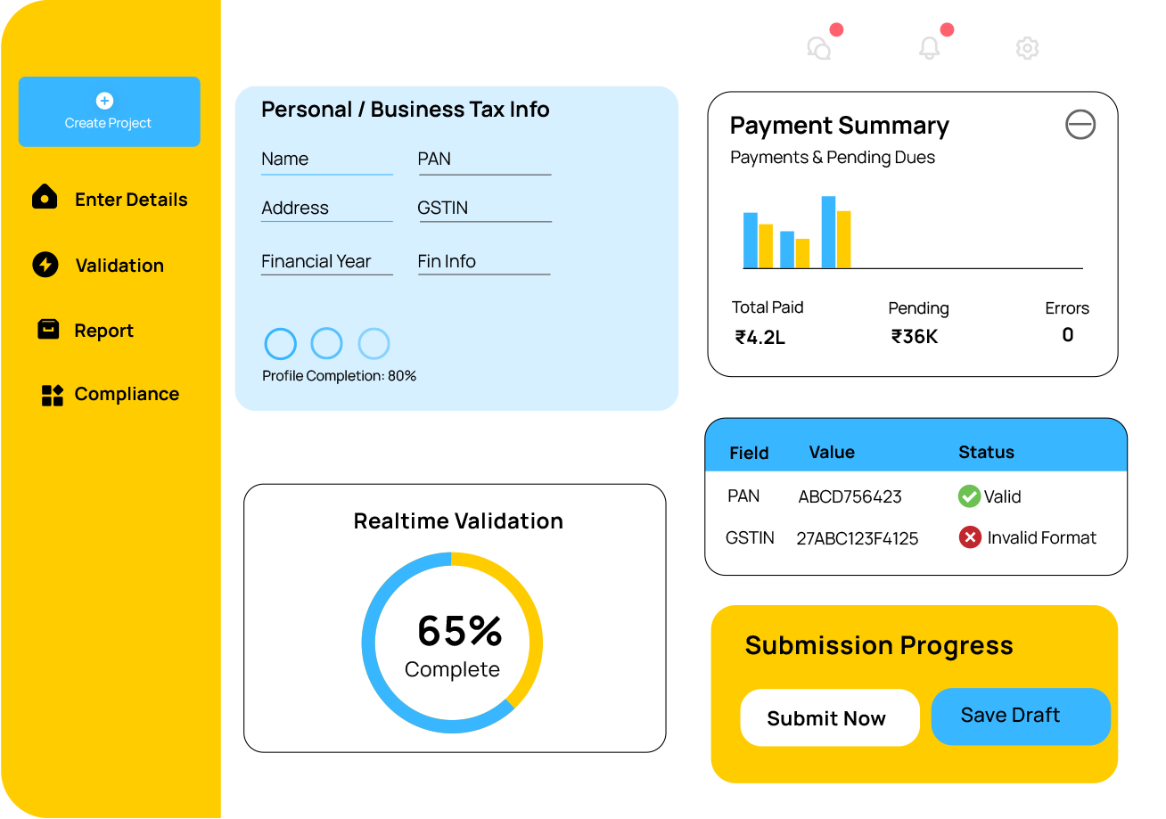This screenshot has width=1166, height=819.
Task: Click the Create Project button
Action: (109, 111)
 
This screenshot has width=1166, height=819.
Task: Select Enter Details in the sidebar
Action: (130, 200)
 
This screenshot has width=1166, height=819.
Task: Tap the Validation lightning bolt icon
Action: (45, 265)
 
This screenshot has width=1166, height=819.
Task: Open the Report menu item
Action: (103, 331)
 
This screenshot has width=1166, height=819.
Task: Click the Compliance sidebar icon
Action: (53, 395)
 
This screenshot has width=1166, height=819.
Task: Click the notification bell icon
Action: (929, 48)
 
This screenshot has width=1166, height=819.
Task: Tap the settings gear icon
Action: (1027, 48)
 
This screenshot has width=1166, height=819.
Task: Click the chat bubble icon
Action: (818, 48)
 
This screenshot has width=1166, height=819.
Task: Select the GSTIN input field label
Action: (443, 208)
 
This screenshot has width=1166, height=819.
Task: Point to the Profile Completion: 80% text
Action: (339, 376)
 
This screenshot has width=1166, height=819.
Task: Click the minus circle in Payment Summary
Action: (1080, 125)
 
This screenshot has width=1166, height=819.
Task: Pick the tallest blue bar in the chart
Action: (828, 232)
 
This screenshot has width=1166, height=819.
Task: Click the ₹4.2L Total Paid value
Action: (760, 337)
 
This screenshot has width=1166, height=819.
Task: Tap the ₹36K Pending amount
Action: (915, 337)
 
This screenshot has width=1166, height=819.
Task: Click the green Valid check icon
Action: (969, 496)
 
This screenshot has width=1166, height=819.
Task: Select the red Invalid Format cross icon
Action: (970, 537)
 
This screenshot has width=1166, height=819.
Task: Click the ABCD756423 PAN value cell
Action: (850, 497)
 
